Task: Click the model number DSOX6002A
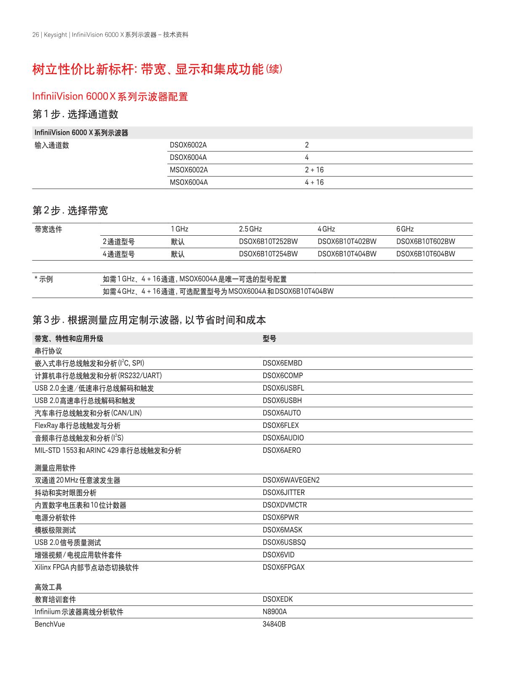(x=188, y=145)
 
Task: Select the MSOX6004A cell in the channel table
(x=188, y=183)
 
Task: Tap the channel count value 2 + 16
(x=314, y=170)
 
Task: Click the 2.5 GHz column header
(x=250, y=229)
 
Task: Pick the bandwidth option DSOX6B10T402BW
(x=347, y=242)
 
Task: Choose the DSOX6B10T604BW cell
(x=425, y=254)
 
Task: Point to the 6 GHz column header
(x=405, y=229)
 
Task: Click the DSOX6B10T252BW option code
(x=268, y=242)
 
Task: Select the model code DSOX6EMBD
(x=282, y=363)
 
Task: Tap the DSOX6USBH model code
(x=282, y=401)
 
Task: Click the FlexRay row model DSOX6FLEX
(x=281, y=425)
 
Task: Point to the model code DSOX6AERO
(x=281, y=450)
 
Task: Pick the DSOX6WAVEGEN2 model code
(x=291, y=480)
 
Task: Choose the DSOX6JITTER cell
(x=283, y=492)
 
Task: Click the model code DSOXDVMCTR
(x=285, y=505)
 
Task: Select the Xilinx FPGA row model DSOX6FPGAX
(x=283, y=567)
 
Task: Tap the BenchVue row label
(x=50, y=624)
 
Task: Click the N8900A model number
(x=274, y=612)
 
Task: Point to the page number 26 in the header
(x=35, y=35)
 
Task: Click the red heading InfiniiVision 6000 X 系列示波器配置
(x=110, y=97)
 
